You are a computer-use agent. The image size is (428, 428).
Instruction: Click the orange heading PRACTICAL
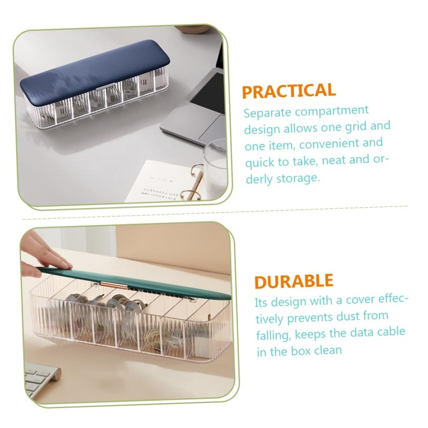tap(288, 91)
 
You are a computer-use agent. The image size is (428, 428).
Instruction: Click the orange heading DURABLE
tap(294, 281)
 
